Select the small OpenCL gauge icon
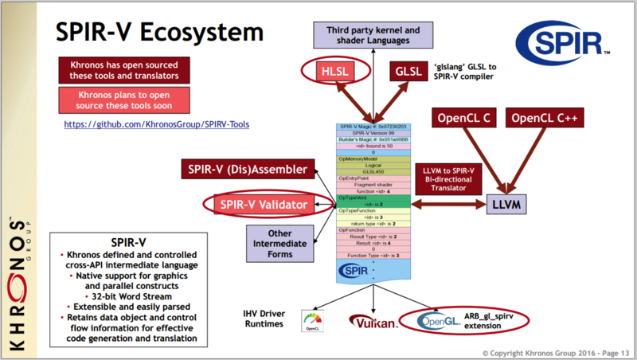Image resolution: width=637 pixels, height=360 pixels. [x=313, y=321]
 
